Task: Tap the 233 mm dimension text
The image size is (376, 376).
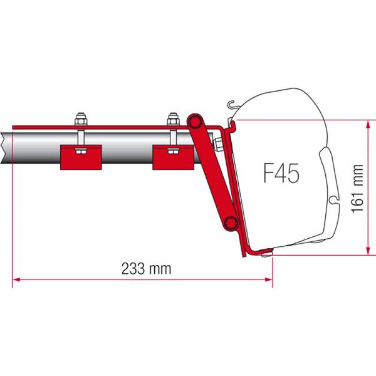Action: pos(145,269)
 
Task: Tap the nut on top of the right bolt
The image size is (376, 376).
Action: pos(173,118)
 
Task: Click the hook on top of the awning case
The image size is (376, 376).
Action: pos(232,105)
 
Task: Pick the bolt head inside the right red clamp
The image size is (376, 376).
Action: pos(174,151)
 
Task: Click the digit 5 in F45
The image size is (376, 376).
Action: pos(293,172)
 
